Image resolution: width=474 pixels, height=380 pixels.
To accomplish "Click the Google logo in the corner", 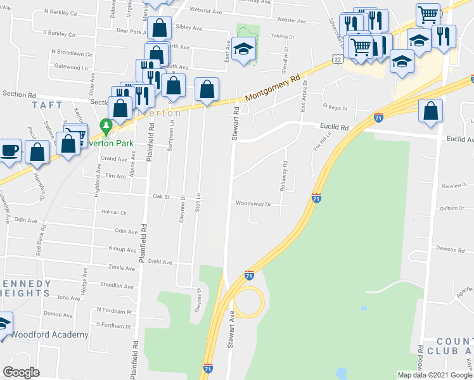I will pos(22,372).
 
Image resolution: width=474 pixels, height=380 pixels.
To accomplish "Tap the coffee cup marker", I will pos(10,151).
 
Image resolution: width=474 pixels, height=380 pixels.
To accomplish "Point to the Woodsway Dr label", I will pos(253,204).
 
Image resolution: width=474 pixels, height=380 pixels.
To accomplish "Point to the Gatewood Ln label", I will pos(70,66).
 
